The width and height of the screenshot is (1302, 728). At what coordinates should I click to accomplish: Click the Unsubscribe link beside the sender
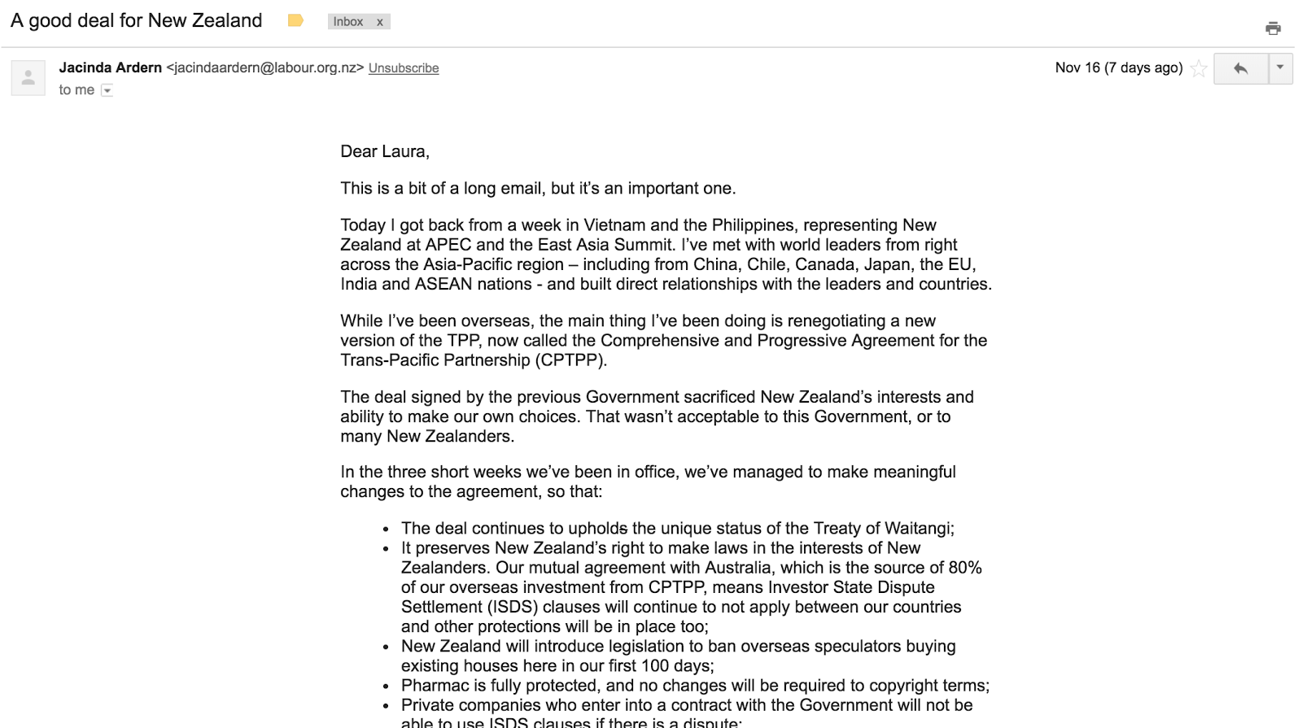pyautogui.click(x=403, y=68)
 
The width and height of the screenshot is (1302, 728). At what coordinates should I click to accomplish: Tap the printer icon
pyautogui.click(x=1273, y=28)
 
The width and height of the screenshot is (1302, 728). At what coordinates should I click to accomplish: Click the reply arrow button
pyautogui.click(x=1240, y=68)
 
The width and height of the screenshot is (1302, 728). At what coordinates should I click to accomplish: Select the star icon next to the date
pyautogui.click(x=1198, y=68)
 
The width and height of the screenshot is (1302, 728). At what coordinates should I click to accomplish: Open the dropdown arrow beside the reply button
pyautogui.click(x=1280, y=68)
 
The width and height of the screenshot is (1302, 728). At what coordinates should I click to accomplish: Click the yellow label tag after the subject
pyautogui.click(x=295, y=21)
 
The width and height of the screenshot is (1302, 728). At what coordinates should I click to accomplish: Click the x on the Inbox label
pyautogui.click(x=379, y=22)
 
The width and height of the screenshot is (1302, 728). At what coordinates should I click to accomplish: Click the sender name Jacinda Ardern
pyautogui.click(x=110, y=68)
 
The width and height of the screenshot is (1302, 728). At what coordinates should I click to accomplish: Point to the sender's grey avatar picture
pyautogui.click(x=28, y=78)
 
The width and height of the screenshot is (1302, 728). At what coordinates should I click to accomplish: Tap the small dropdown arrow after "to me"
pyautogui.click(x=107, y=90)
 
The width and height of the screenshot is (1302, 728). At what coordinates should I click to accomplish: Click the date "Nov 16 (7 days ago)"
pyautogui.click(x=1118, y=68)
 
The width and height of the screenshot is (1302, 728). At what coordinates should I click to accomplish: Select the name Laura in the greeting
pyautogui.click(x=404, y=151)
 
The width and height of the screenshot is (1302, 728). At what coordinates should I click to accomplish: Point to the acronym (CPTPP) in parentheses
pyautogui.click(x=570, y=360)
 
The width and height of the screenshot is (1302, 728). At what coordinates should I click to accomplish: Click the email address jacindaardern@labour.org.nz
pyautogui.click(x=264, y=68)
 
